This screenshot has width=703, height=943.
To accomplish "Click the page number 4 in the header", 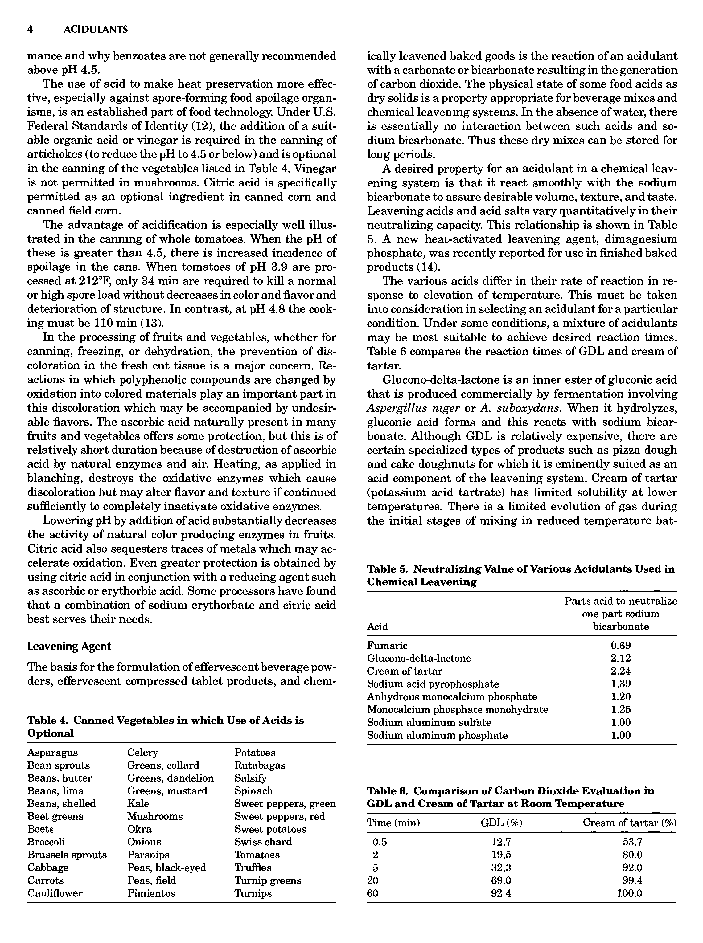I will click(30, 29).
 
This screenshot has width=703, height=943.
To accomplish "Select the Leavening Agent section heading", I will click(69, 646).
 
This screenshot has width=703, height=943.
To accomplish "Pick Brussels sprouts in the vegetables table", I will click(67, 855).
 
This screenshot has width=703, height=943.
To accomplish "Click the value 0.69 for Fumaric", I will click(620, 645).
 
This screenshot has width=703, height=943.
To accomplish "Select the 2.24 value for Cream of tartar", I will click(620, 671).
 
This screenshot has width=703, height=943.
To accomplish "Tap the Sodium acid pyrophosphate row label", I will click(433, 684).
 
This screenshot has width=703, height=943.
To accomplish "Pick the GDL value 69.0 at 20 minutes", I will click(501, 880).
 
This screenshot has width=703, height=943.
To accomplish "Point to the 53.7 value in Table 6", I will click(632, 842).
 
